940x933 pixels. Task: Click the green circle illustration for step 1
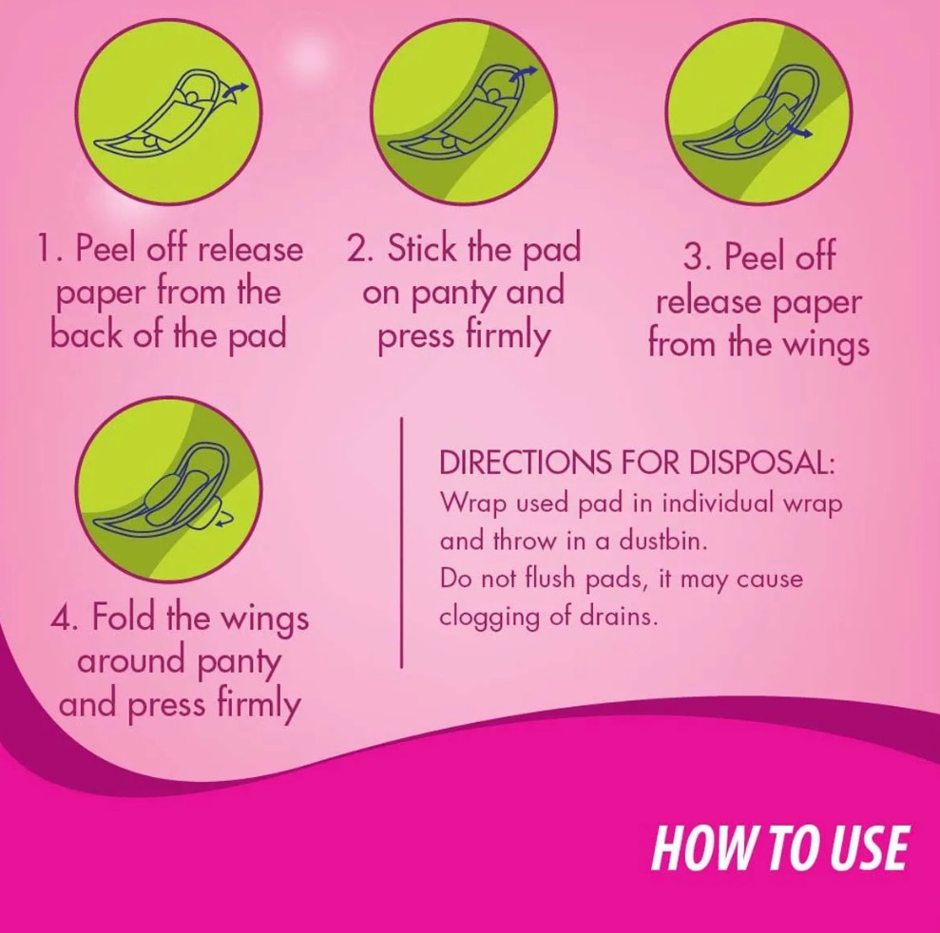169,112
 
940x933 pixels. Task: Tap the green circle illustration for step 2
464,112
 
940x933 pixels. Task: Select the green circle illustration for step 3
758,112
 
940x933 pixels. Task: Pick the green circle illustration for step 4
169,489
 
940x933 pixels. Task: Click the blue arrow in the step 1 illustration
235,91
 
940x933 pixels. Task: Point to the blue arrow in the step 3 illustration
799,130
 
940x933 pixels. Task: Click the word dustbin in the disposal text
662,541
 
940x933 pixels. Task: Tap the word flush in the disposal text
549,579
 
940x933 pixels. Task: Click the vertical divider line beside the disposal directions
401,543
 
